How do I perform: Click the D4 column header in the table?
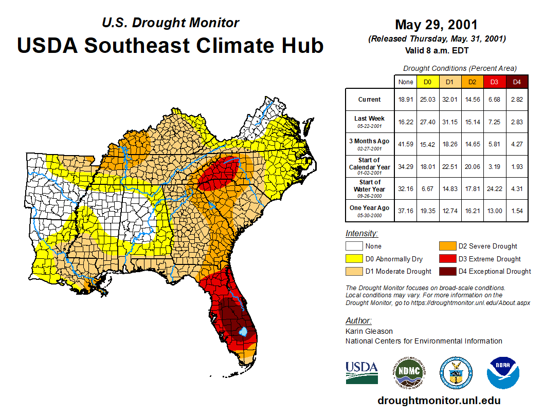(517, 82)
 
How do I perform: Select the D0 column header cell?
(427, 82)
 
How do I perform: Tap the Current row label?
(370, 100)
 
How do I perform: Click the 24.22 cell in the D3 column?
(494, 189)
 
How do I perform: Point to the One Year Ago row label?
(370, 208)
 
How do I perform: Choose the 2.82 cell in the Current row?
(517, 100)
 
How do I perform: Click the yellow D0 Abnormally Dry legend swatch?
(354, 259)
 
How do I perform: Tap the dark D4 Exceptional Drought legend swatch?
(447, 271)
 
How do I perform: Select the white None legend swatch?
(354, 246)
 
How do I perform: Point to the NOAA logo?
(503, 372)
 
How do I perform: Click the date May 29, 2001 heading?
(436, 25)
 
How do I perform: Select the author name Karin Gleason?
(369, 331)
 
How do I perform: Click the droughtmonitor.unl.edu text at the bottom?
(439, 401)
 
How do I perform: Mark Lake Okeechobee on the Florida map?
(244, 332)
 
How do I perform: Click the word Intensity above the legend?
(361, 234)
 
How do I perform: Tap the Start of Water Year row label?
(370, 186)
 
